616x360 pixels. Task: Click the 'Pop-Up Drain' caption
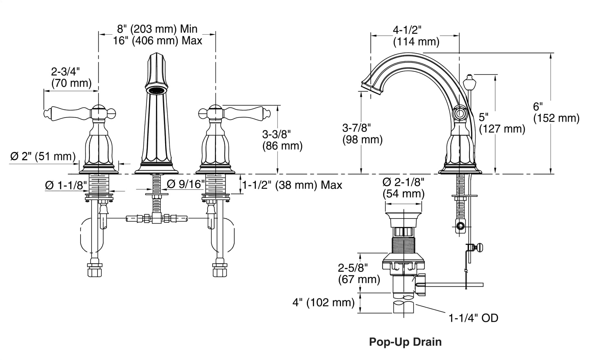pos(405,342)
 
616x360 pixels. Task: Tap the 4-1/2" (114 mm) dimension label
pos(416,36)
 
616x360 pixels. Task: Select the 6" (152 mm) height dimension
pos(556,112)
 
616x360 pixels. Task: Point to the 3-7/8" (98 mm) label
pos(362,134)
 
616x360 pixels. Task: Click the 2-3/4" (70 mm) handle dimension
pos(71,78)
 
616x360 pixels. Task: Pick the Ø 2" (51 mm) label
pos(43,156)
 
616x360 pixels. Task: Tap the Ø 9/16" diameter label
pos(186,184)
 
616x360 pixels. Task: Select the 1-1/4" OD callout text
pos(473,318)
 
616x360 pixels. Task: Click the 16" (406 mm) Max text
pos(157,41)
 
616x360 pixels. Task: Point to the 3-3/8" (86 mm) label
pos(282,140)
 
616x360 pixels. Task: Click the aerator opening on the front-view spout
pos(156,90)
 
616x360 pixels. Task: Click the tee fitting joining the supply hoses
pos(157,219)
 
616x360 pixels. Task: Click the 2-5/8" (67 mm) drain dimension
pos(359,273)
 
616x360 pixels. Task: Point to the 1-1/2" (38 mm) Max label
pos(292,185)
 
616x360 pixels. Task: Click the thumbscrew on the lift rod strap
pos(479,248)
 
